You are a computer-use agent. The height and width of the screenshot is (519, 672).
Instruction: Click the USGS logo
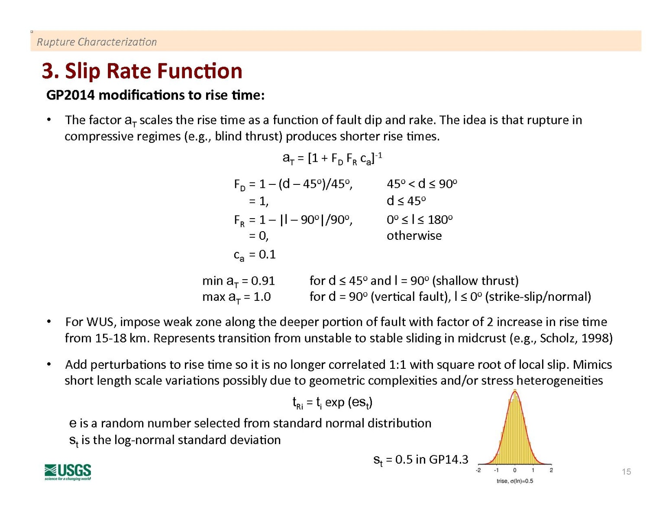tap(68, 472)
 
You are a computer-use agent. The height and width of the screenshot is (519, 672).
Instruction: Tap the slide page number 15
tap(626, 472)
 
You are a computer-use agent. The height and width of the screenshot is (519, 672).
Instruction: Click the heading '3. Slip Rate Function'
tap(142, 71)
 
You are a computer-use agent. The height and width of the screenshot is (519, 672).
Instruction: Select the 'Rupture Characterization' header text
tap(97, 42)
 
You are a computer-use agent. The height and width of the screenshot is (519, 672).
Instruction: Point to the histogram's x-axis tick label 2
tap(551, 470)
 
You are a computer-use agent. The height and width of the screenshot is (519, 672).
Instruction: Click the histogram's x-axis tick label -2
tap(478, 470)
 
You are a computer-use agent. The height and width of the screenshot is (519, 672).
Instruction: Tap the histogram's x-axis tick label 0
tap(514, 470)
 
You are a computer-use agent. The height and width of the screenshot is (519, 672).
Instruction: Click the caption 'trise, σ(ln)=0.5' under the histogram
tap(514, 481)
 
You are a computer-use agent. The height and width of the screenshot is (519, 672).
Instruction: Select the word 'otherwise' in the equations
tap(414, 236)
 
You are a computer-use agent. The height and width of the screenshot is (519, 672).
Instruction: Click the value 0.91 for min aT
tap(263, 281)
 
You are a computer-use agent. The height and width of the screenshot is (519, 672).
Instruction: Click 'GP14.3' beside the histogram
tap(448, 459)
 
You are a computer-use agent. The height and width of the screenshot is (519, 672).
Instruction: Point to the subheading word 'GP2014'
tap(70, 95)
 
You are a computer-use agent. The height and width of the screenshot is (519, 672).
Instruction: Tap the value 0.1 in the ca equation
tap(267, 255)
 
